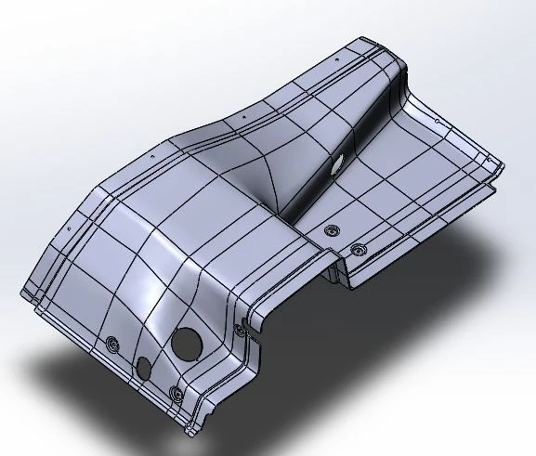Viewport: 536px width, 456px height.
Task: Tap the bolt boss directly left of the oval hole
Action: coord(113,345)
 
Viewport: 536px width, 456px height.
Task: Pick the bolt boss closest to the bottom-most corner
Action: coord(176,394)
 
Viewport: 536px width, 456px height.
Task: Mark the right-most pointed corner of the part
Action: coord(504,168)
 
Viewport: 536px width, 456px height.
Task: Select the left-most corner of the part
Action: coord(20,296)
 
